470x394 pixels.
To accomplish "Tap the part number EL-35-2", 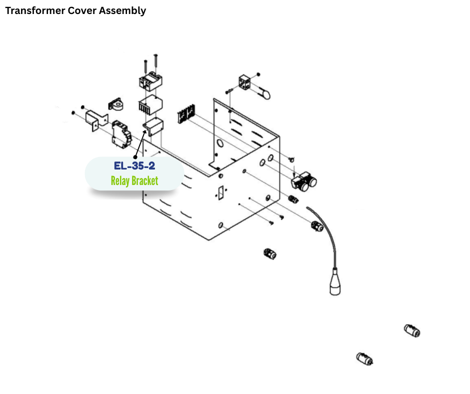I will click(x=134, y=165).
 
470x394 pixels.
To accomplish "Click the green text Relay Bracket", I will click(x=134, y=180).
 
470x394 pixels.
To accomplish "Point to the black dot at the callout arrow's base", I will click(x=135, y=156).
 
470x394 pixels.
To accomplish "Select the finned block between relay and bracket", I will click(x=150, y=106).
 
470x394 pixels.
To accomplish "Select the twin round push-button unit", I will click(x=304, y=182).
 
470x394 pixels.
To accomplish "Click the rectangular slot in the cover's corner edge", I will click(x=219, y=192).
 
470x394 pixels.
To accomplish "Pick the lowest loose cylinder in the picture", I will click(x=364, y=359).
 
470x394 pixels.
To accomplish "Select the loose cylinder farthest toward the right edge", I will click(x=412, y=330).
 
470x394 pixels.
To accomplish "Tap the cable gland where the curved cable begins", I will click(x=316, y=227).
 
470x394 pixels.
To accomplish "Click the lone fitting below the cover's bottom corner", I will click(x=269, y=253).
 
